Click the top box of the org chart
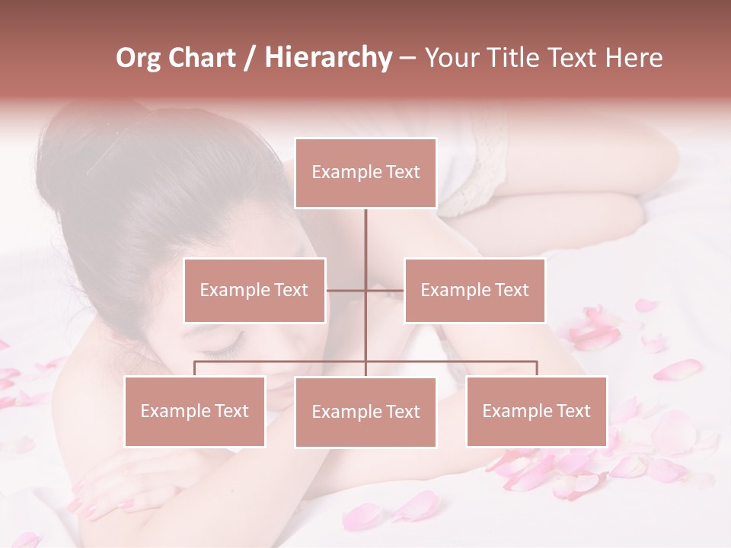(365, 173)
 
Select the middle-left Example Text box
(254, 290)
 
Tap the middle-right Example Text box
(474, 290)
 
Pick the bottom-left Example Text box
(194, 411)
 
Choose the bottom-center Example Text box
(365, 412)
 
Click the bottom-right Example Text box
(536, 411)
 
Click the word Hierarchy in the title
(327, 58)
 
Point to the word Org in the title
(138, 58)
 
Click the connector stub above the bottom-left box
(194, 368)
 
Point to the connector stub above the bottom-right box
(537, 368)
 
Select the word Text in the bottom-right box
(573, 411)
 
